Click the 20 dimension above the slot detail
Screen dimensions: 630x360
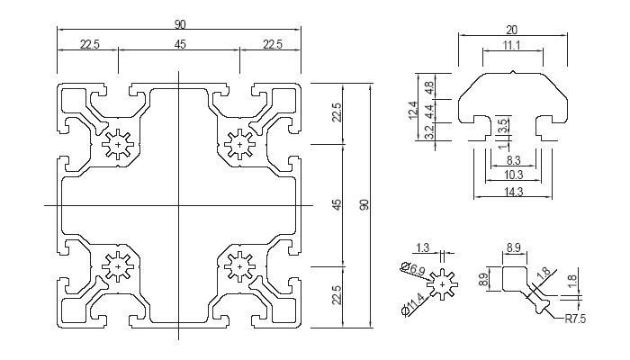click(x=511, y=30)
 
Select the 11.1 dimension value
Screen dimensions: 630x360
click(x=511, y=45)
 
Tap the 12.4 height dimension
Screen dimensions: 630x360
click(x=413, y=111)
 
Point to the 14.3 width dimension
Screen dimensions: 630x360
click(x=514, y=192)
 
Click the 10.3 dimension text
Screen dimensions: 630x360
click(x=514, y=175)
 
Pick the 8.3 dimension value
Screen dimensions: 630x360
click(x=514, y=160)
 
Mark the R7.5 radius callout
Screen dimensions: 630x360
click(x=575, y=319)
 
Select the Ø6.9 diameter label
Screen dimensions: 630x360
click(x=413, y=269)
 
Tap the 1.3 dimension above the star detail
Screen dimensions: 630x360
click(x=423, y=247)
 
